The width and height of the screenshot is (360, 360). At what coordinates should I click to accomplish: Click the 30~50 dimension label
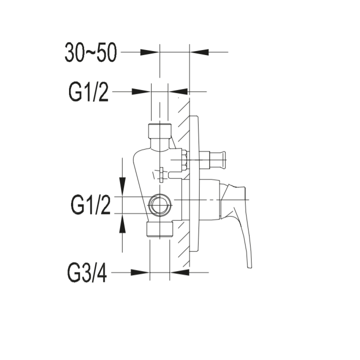pos(90,52)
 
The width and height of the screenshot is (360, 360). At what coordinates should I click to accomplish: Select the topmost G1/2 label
pos(88,92)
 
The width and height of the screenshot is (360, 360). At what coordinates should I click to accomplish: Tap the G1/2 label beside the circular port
pos(90,205)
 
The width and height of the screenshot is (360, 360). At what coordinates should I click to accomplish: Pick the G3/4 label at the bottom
pos(87,273)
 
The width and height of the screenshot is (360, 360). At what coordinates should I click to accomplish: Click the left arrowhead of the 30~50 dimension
pos(149,52)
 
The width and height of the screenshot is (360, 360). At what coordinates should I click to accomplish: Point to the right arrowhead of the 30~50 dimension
pos(199,52)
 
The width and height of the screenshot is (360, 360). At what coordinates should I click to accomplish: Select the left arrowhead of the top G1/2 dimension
pos(141,92)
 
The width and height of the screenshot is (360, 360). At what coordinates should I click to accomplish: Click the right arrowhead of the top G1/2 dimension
pos(178,92)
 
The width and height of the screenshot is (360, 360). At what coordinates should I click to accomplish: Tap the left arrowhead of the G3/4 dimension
pos(140,272)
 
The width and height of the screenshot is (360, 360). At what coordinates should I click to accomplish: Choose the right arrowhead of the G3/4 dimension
pos(180,272)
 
